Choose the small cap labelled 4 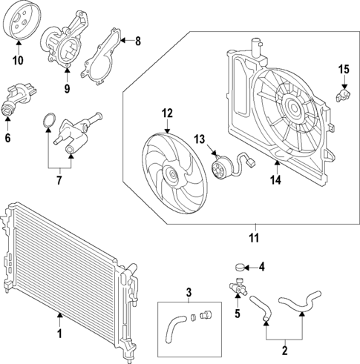(238, 266)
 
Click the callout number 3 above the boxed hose (189, 291)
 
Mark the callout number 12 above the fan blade (166, 113)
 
